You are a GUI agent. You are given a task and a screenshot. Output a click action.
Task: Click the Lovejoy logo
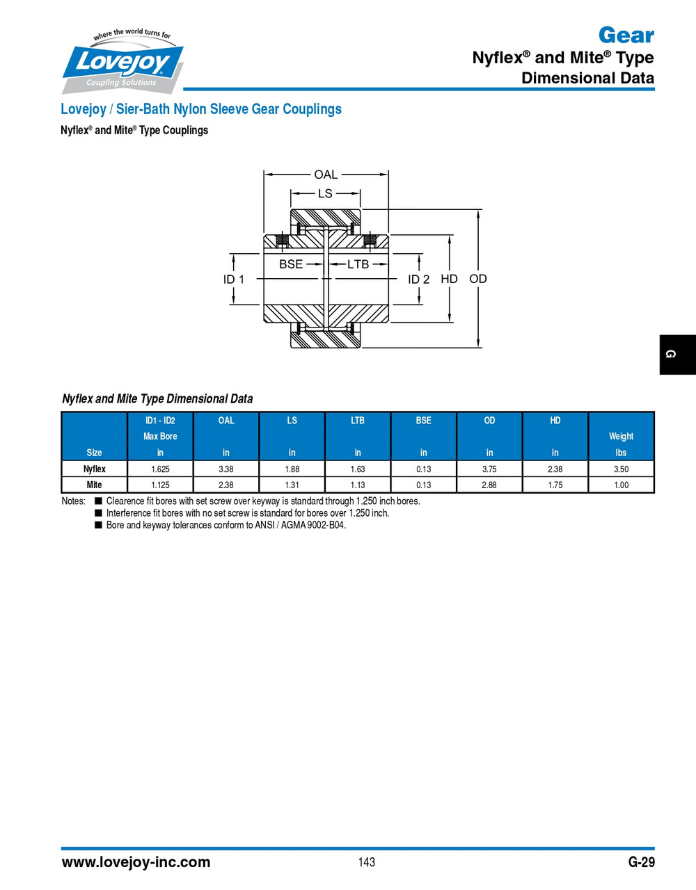[x=123, y=61]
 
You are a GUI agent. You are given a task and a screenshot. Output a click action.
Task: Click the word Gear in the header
[x=626, y=35]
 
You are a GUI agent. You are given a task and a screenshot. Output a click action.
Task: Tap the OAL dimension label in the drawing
[x=326, y=175]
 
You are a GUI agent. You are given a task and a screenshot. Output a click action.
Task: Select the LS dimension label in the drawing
[x=325, y=193]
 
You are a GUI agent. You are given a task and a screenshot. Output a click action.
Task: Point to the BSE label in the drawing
[x=291, y=264]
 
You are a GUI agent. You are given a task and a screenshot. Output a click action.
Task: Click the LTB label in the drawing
[x=358, y=264]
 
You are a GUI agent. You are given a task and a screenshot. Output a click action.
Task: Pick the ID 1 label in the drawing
[x=234, y=279]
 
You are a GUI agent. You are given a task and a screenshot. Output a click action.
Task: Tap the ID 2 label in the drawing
[x=418, y=279]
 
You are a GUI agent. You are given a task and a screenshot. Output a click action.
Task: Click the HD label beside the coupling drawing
[x=449, y=279]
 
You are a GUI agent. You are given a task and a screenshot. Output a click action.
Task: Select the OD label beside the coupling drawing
[x=478, y=279]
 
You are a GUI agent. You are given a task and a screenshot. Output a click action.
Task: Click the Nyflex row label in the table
[x=95, y=469]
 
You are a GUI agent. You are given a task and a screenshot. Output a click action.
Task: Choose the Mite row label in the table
[x=95, y=485]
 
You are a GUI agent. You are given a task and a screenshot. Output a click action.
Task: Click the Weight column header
[x=621, y=437]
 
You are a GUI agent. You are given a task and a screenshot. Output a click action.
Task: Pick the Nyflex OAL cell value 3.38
[x=226, y=469]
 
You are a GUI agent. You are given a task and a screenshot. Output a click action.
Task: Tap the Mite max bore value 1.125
[x=160, y=485]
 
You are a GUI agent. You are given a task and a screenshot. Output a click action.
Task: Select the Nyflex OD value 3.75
[x=489, y=469]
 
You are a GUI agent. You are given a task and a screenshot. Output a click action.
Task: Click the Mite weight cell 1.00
[x=621, y=485]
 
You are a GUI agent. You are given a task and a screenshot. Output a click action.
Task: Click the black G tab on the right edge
[x=677, y=355]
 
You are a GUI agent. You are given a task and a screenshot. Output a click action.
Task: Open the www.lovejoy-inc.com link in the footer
[x=136, y=862]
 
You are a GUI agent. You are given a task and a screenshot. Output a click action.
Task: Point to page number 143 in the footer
[x=367, y=862]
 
